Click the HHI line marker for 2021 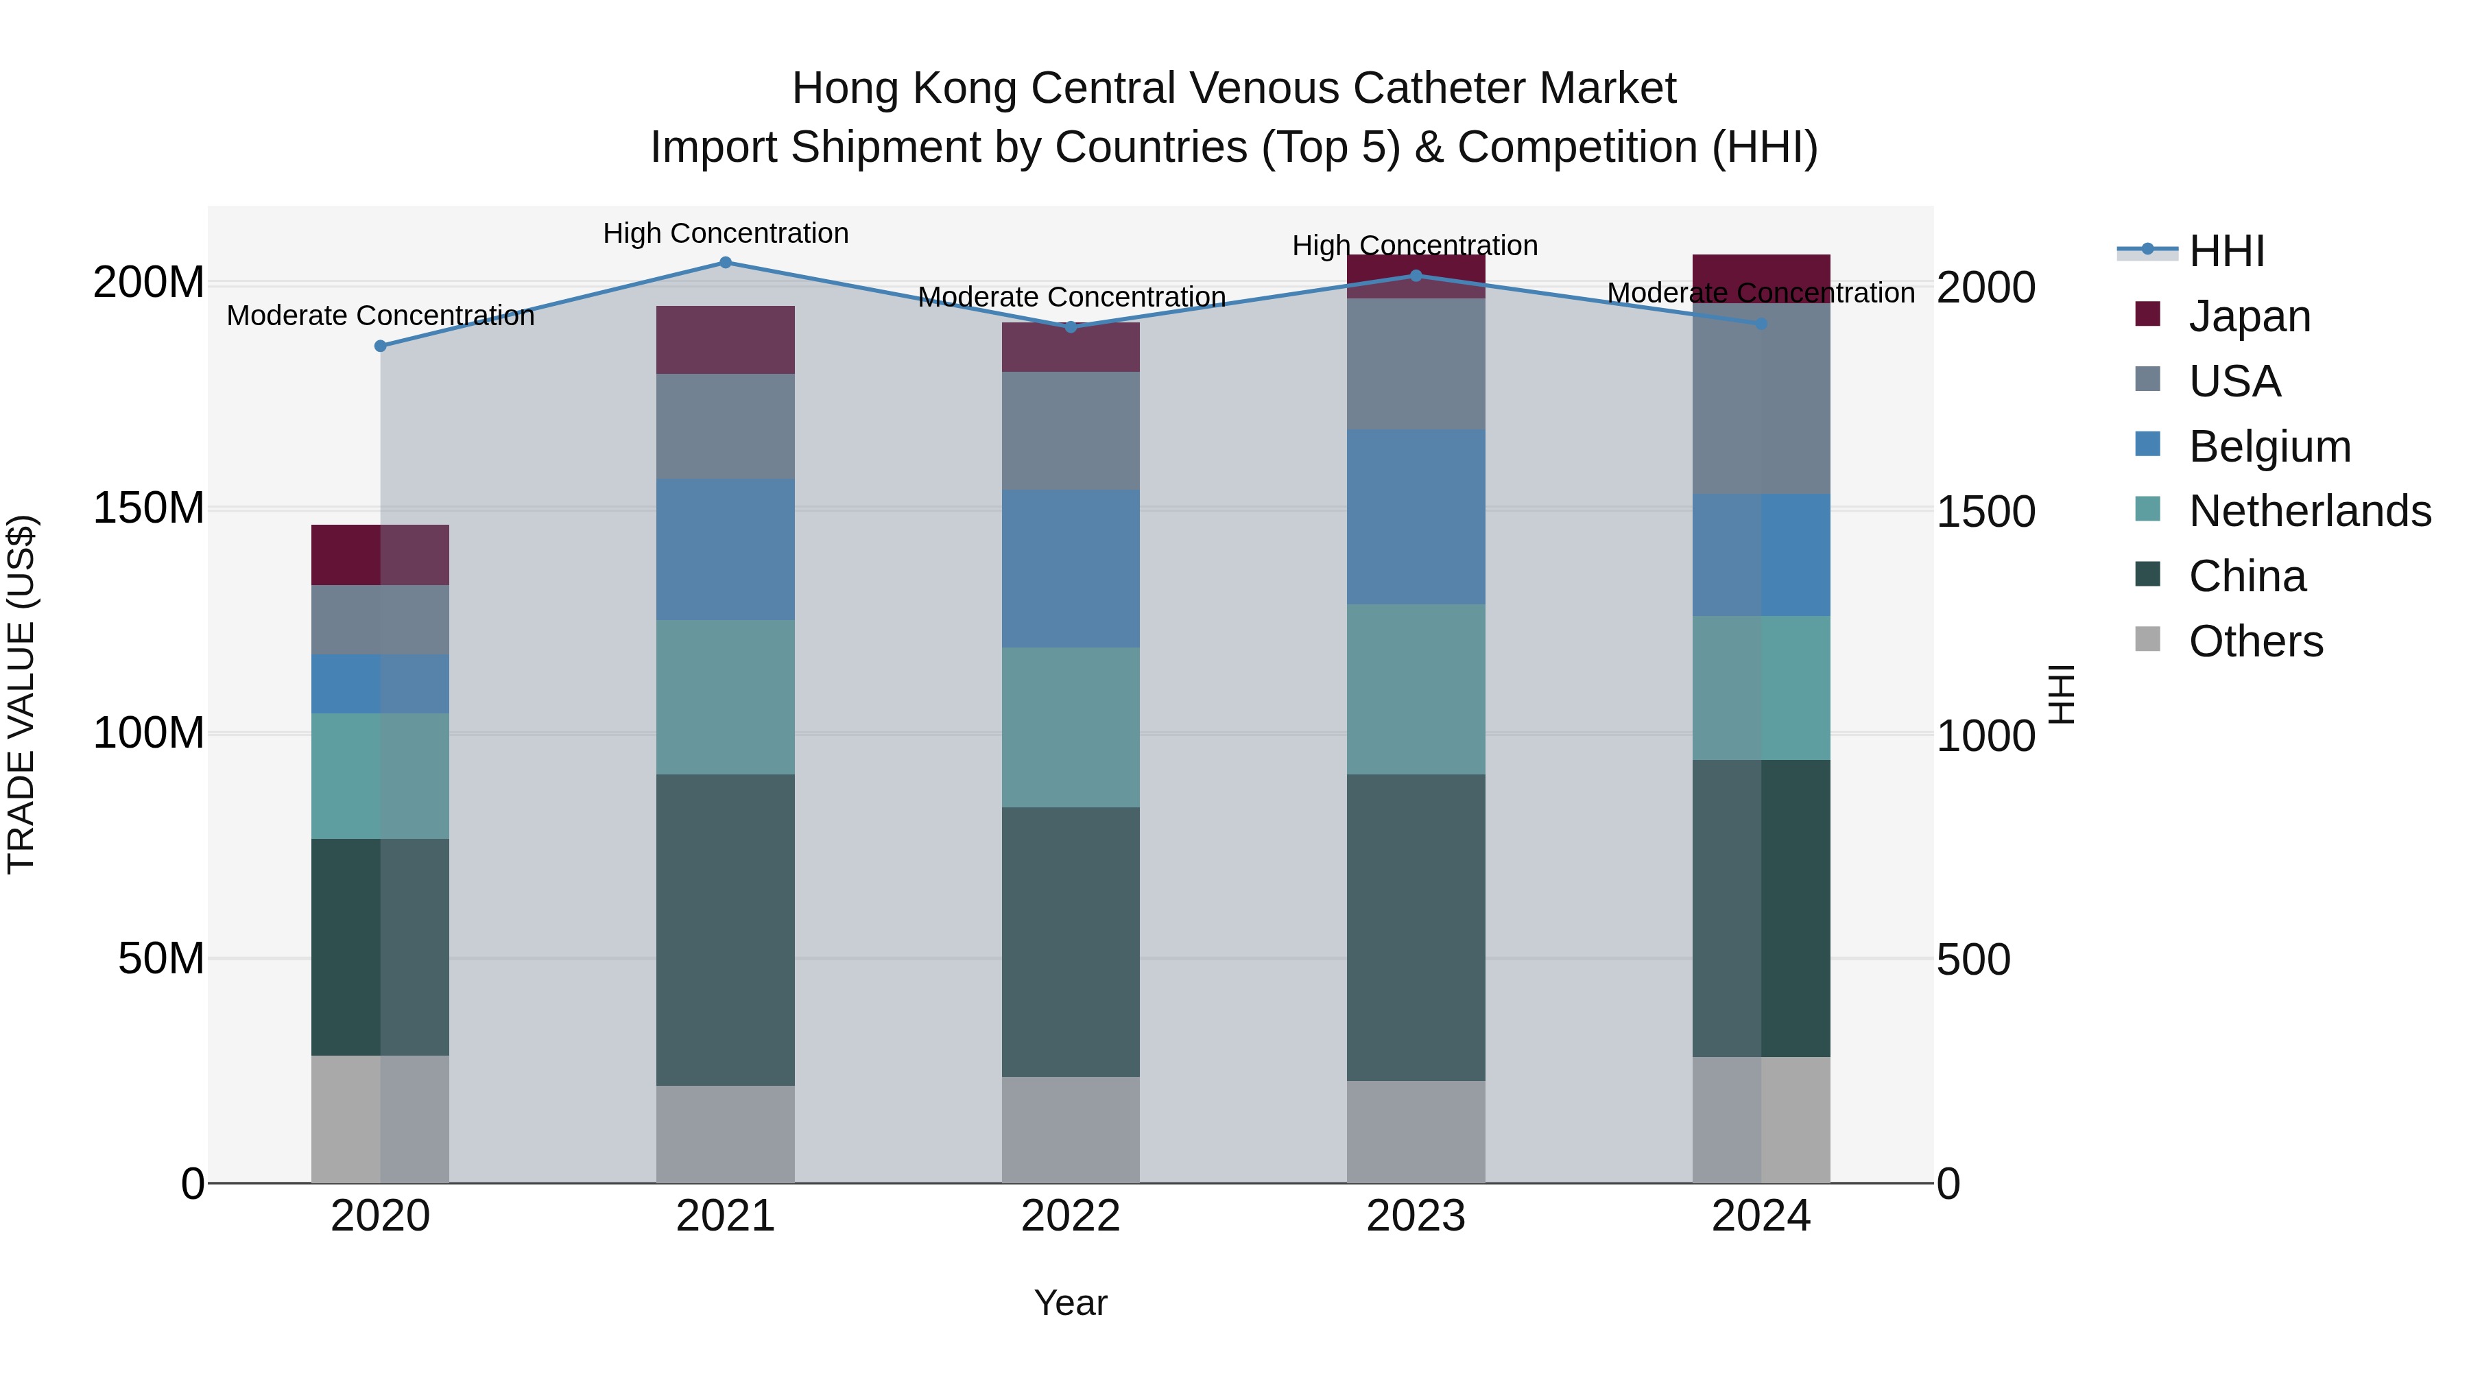[x=726, y=263]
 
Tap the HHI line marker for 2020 [x=381, y=346]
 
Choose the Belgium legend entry [x=2269, y=447]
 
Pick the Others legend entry [x=2255, y=641]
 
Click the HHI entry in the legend [x=2226, y=251]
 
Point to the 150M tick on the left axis [x=149, y=508]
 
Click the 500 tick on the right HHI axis [x=1972, y=960]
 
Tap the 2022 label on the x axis [x=1071, y=1216]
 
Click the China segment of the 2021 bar [x=726, y=930]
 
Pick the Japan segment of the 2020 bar [x=381, y=555]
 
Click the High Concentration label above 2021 [x=726, y=233]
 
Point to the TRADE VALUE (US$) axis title [x=21, y=694]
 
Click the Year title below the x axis [x=1071, y=1303]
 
